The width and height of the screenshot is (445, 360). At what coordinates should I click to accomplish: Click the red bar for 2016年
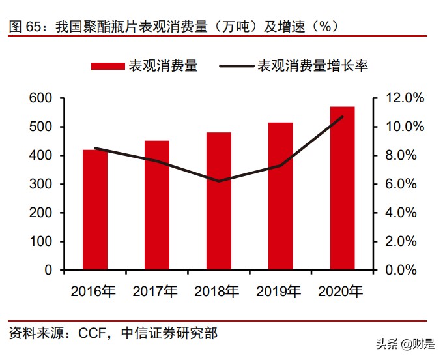click(95, 209)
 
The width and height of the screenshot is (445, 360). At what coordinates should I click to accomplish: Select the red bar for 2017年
click(157, 205)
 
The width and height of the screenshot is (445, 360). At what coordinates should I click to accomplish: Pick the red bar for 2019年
click(281, 196)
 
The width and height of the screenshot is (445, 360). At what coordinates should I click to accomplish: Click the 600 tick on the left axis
click(40, 98)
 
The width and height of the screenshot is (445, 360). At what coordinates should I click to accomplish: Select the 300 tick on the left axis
click(40, 184)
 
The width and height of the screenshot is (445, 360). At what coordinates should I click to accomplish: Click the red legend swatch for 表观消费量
click(108, 66)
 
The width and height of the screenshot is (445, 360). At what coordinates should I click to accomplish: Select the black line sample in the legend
click(237, 66)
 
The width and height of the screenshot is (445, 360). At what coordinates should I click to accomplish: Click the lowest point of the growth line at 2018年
click(219, 181)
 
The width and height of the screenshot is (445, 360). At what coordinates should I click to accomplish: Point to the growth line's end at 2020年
click(343, 117)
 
